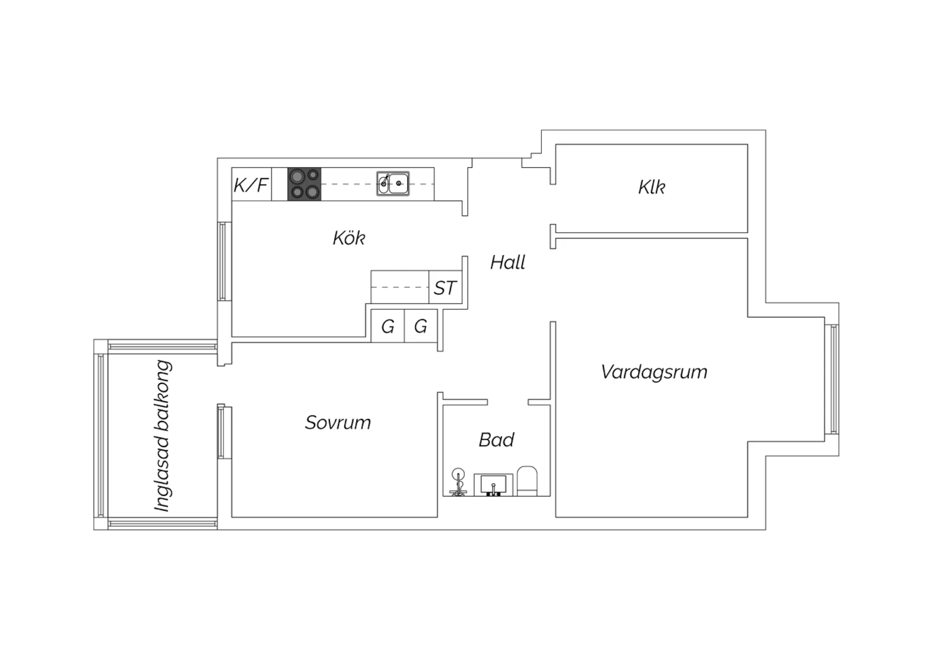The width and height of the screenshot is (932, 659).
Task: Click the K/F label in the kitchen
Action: tap(251, 185)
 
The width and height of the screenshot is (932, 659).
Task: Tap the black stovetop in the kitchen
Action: tap(304, 184)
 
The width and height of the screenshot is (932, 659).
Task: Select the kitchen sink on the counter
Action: tap(393, 183)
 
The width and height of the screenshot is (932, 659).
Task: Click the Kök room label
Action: tap(349, 237)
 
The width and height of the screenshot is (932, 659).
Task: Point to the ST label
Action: tap(445, 288)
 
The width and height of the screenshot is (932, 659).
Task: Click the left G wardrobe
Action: tap(388, 326)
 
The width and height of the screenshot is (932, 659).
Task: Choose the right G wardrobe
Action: tap(421, 326)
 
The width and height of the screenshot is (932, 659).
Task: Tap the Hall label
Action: tap(508, 262)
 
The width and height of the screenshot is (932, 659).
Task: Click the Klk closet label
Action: tap(651, 187)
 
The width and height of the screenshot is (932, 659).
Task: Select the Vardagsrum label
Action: tap(654, 372)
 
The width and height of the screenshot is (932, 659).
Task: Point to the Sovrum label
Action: tap(338, 423)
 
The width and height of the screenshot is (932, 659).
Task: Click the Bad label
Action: tap(496, 440)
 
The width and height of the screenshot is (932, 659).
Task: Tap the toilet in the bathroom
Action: tap(527, 481)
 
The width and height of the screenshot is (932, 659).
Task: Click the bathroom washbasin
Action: tap(494, 484)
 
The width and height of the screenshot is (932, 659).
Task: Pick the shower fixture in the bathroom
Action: tap(459, 482)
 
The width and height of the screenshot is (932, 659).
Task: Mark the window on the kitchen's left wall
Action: tap(222, 261)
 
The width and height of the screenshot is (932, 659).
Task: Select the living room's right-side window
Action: tap(833, 379)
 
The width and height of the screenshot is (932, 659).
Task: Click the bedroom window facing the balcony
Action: tap(221, 431)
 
